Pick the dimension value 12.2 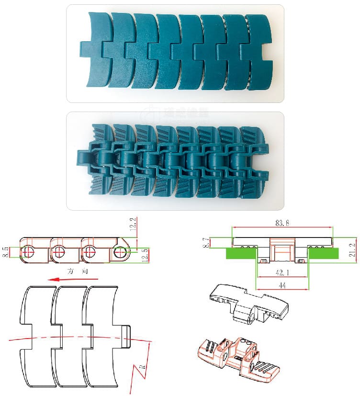tap(133, 224)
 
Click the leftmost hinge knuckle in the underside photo tap(87, 158)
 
